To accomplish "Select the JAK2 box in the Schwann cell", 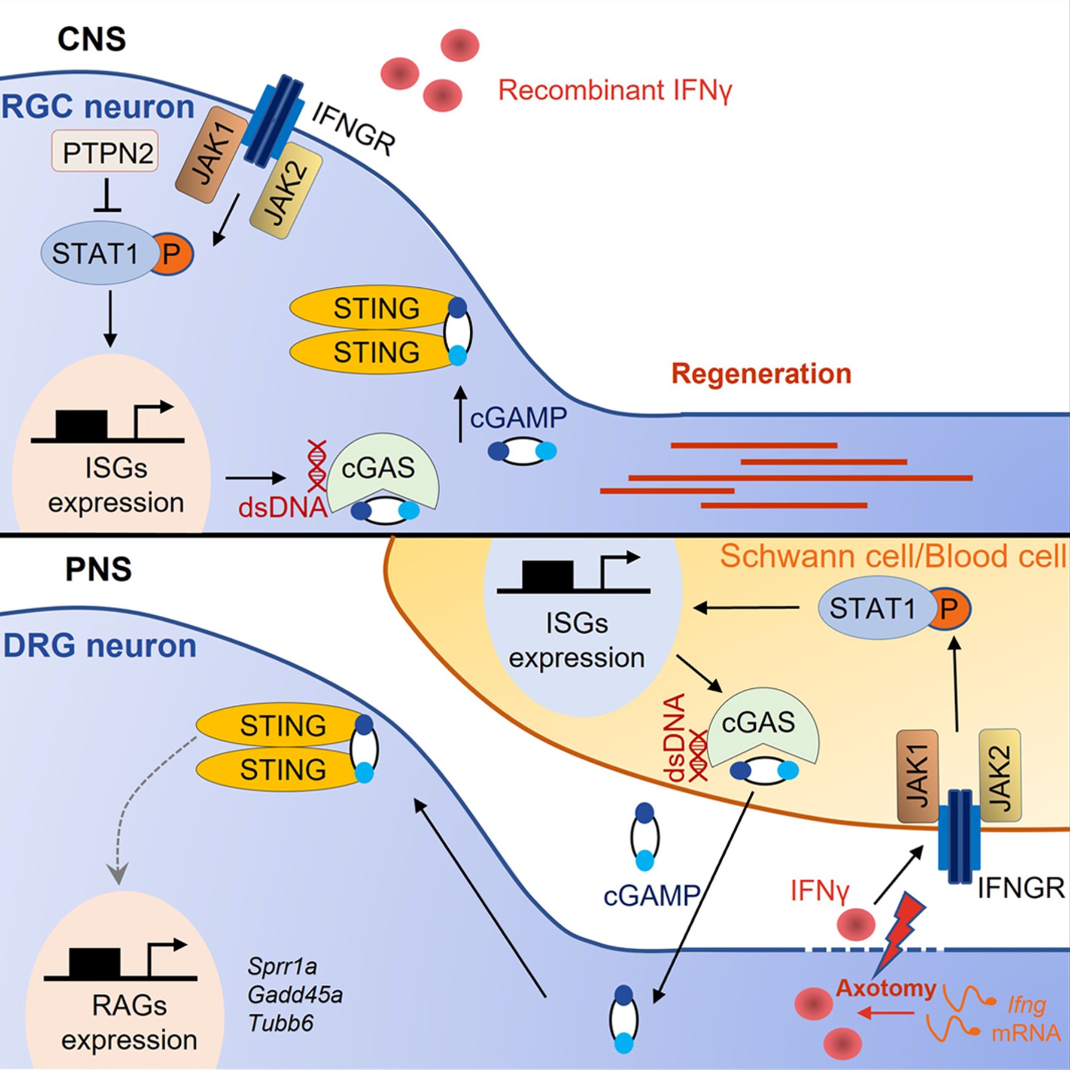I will [x=999, y=776].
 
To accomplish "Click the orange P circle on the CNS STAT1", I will [x=172, y=254].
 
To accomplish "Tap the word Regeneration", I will [x=761, y=374].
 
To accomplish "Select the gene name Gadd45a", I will [x=295, y=995].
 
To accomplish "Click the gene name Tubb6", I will [x=281, y=1023].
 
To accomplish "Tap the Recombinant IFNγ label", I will [x=615, y=91].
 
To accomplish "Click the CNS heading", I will [x=92, y=39].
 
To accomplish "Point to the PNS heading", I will [x=98, y=569].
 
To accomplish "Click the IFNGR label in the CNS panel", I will [x=353, y=129].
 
